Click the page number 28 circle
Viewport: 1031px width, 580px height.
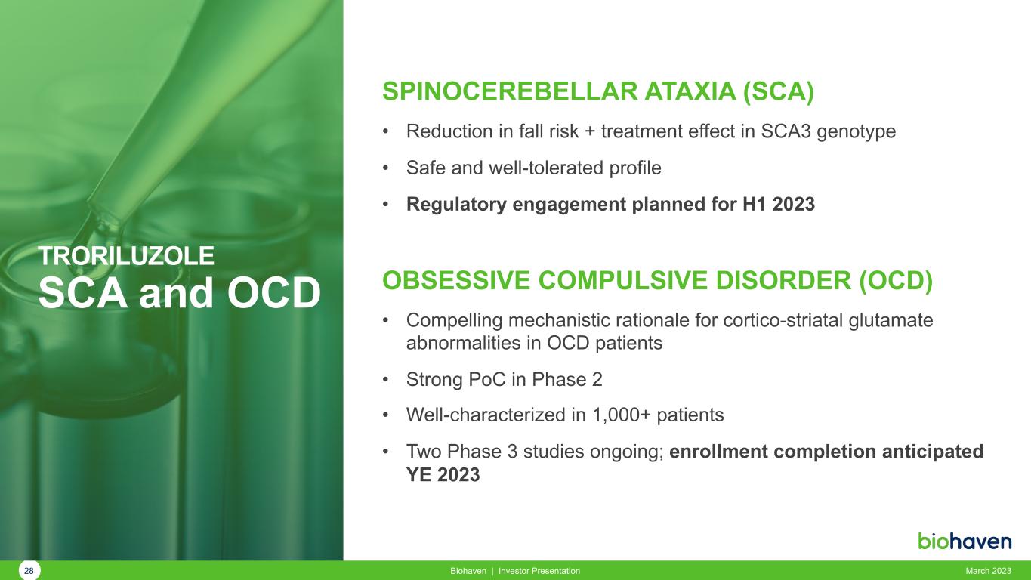point(29,571)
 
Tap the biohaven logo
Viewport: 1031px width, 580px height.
point(965,541)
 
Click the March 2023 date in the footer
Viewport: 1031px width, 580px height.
point(988,571)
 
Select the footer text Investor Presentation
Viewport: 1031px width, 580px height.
point(539,571)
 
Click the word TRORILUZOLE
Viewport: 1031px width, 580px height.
point(126,255)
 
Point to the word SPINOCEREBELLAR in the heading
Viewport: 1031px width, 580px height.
point(510,91)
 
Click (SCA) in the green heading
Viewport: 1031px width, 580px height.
point(779,91)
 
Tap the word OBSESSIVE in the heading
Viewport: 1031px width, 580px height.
point(456,280)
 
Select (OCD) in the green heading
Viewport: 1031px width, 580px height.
point(896,281)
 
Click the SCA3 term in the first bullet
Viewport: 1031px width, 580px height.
point(786,131)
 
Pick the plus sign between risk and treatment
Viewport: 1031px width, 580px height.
point(590,132)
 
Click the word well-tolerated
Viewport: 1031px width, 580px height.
point(546,168)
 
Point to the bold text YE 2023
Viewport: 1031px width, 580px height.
point(443,475)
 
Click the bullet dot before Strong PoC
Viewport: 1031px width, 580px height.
point(386,380)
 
